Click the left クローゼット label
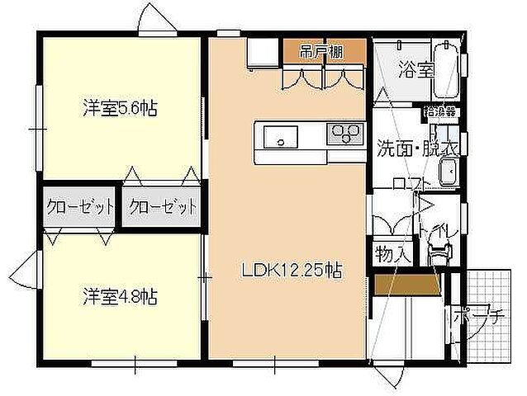[x=79, y=206]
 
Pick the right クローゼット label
[x=164, y=206]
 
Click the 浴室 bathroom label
[x=416, y=68]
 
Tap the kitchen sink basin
[x=279, y=136]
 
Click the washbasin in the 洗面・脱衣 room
[x=449, y=173]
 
